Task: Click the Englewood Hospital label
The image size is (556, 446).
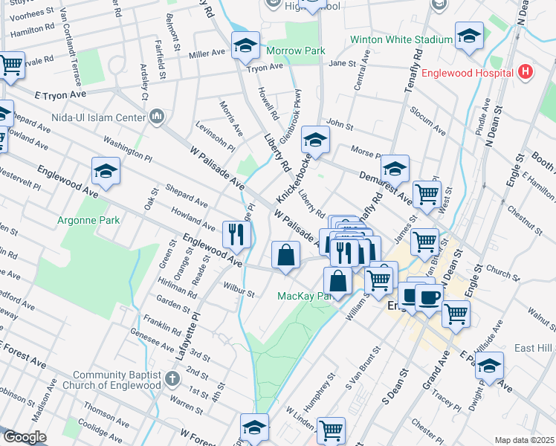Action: pos(468,73)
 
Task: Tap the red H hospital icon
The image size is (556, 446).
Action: pos(526,72)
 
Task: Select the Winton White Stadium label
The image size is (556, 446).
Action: pos(401,39)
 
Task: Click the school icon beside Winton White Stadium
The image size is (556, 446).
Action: pos(469,36)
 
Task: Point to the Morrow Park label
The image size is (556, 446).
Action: pos(297,51)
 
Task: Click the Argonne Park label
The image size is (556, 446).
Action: pos(83,221)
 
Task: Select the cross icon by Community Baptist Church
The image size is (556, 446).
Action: pos(172,379)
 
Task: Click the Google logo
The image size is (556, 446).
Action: pos(25,437)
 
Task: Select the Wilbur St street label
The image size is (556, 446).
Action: pos(239,289)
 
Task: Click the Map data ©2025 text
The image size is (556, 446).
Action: pos(524,440)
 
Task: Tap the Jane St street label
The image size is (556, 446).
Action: pos(343,64)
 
